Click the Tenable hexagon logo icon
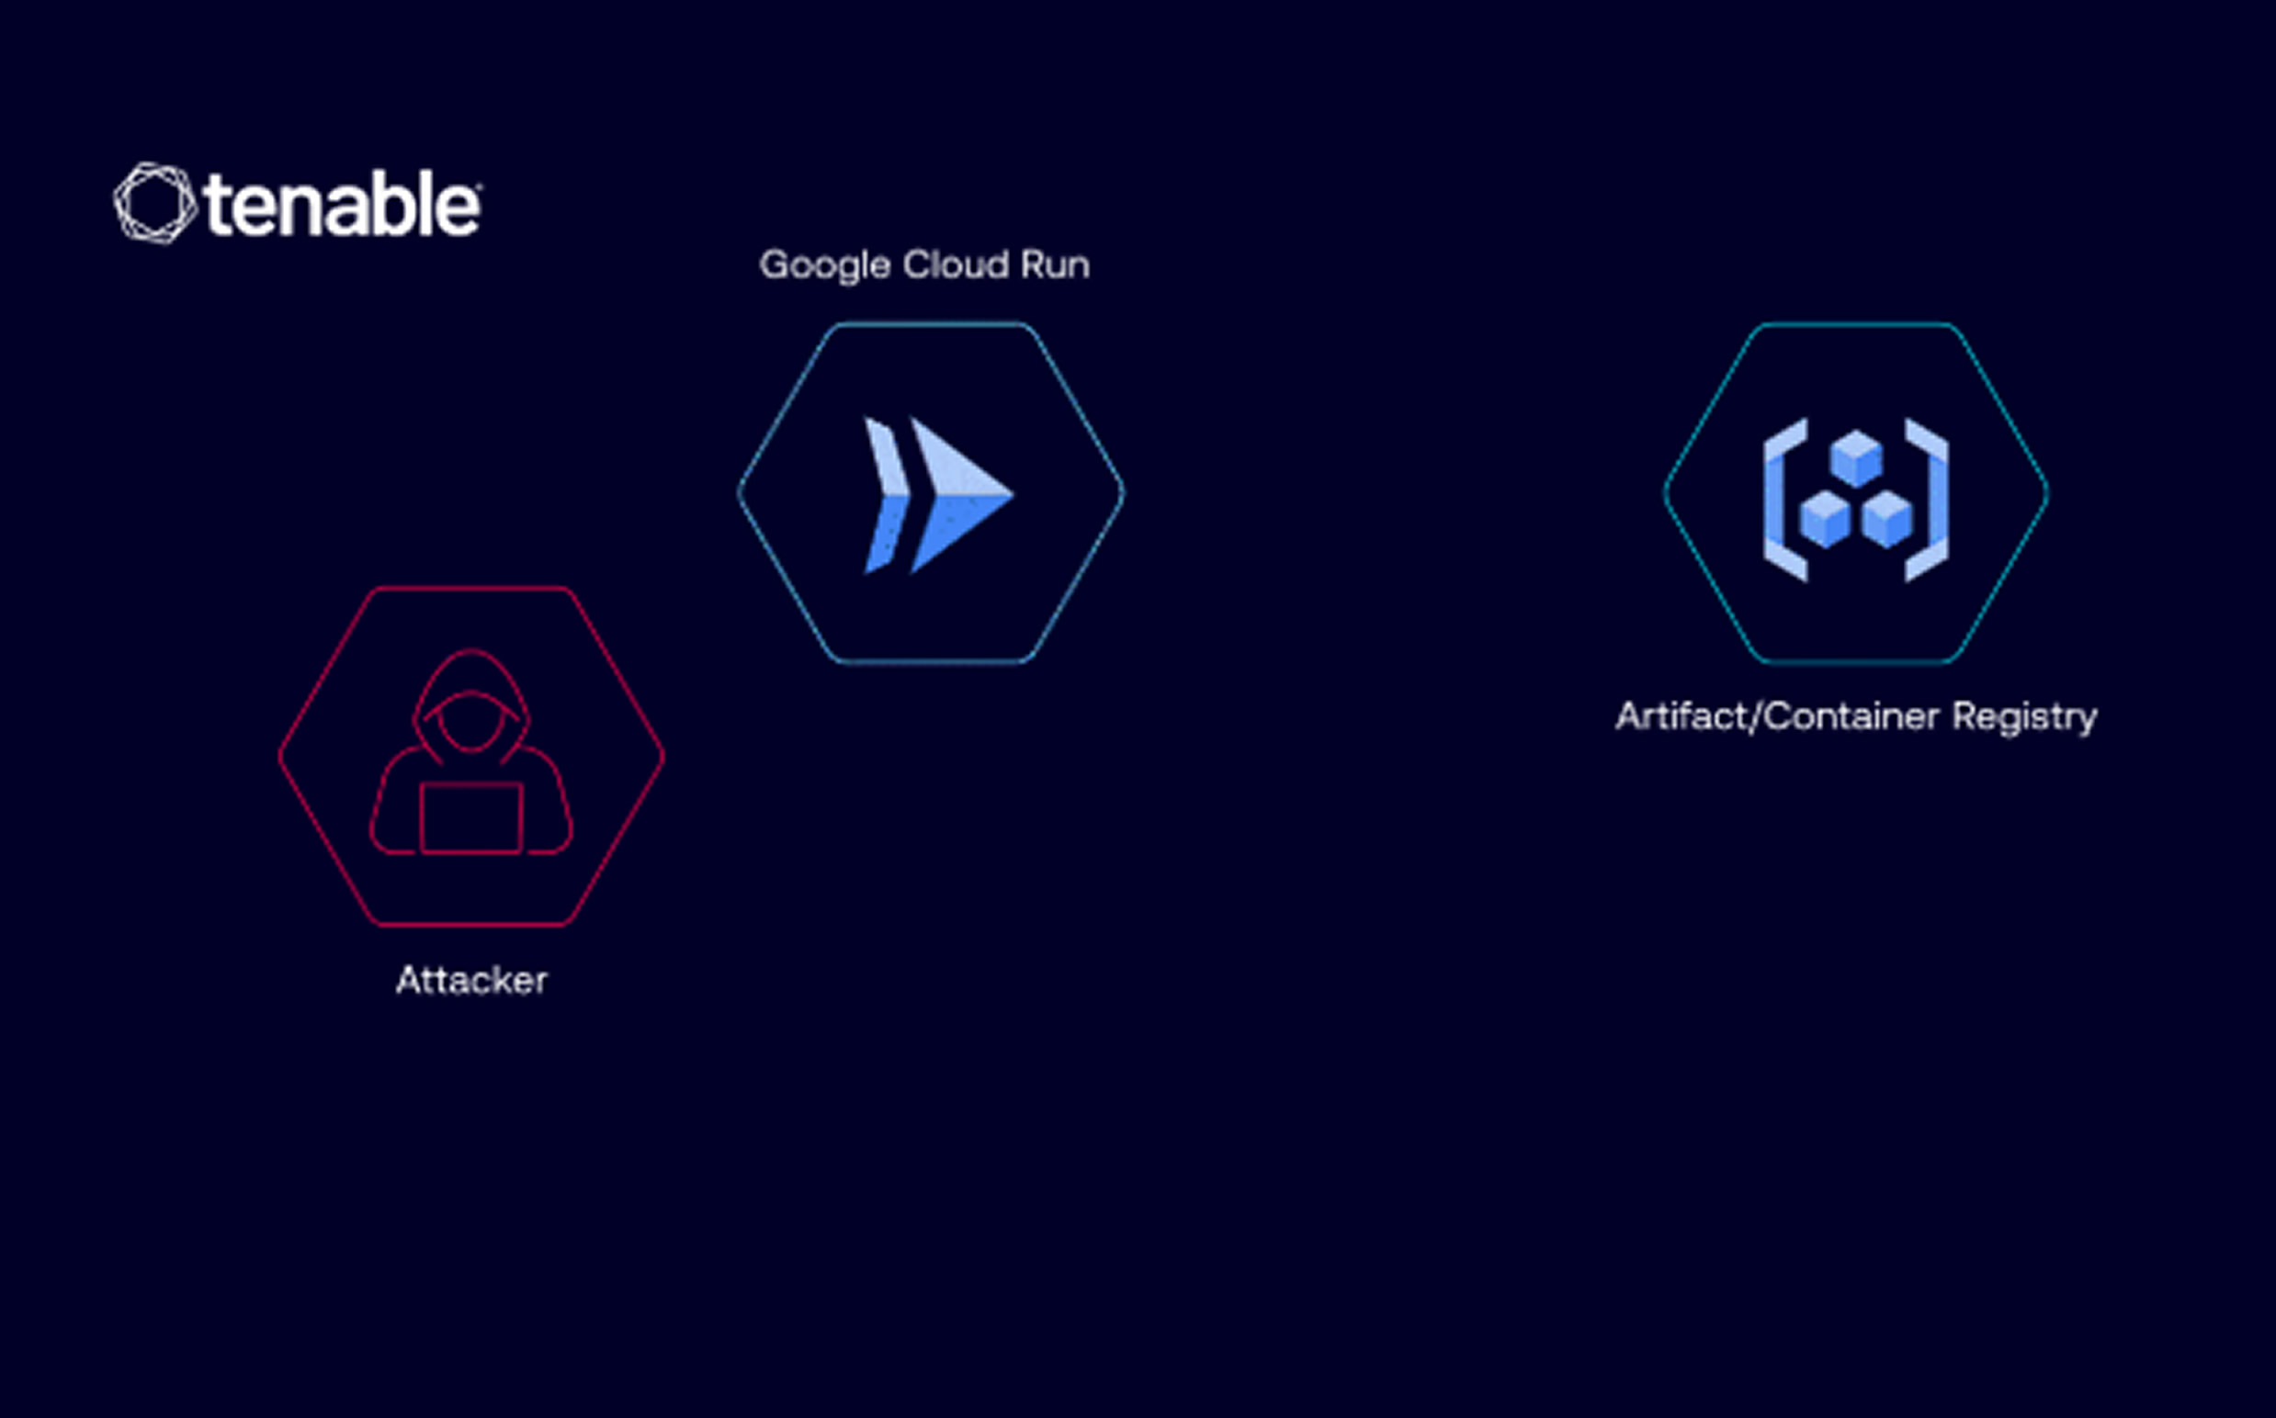[x=154, y=204]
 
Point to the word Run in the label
[x=1056, y=264]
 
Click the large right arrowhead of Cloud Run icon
[x=960, y=494]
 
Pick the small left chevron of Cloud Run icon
[x=887, y=494]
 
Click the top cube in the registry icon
[x=1856, y=458]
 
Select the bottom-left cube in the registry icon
[x=1825, y=519]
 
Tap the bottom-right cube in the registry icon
[x=1886, y=519]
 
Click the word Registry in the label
[x=2024, y=717]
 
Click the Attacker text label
[x=472, y=980]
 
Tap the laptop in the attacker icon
[x=471, y=817]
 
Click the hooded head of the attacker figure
[x=471, y=703]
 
